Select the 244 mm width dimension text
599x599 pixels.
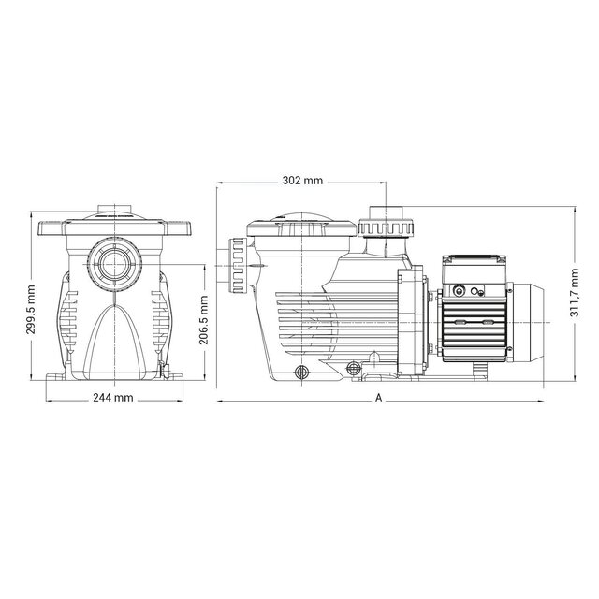click(x=114, y=397)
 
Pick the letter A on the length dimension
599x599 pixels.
click(x=379, y=398)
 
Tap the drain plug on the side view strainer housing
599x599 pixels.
click(x=301, y=373)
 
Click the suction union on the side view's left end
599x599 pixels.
click(x=235, y=266)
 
